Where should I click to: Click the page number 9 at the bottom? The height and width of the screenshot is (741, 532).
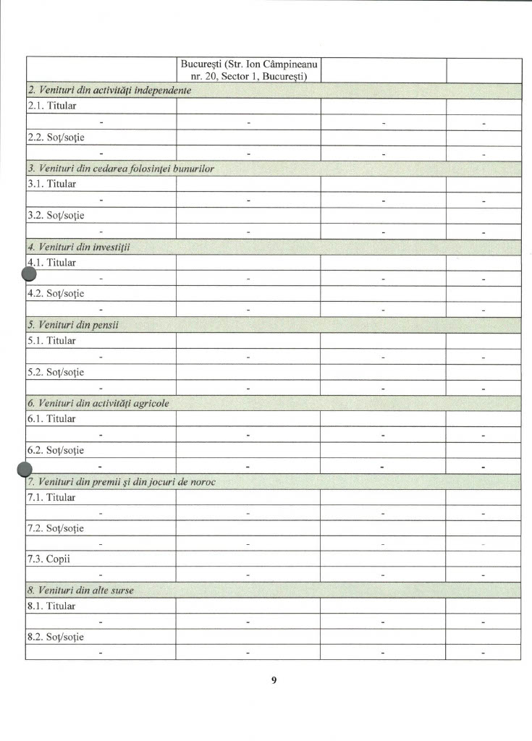click(x=274, y=679)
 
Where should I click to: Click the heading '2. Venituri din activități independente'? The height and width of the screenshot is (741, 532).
click(x=109, y=90)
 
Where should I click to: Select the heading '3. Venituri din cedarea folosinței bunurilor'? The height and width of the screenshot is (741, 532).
click(x=120, y=169)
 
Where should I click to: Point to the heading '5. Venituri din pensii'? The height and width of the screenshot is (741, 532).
click(x=73, y=325)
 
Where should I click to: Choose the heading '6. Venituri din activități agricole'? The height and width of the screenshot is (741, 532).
click(x=98, y=403)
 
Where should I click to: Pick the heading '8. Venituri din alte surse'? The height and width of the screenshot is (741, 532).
click(x=80, y=590)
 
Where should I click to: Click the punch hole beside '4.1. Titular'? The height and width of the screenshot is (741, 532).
click(x=29, y=274)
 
